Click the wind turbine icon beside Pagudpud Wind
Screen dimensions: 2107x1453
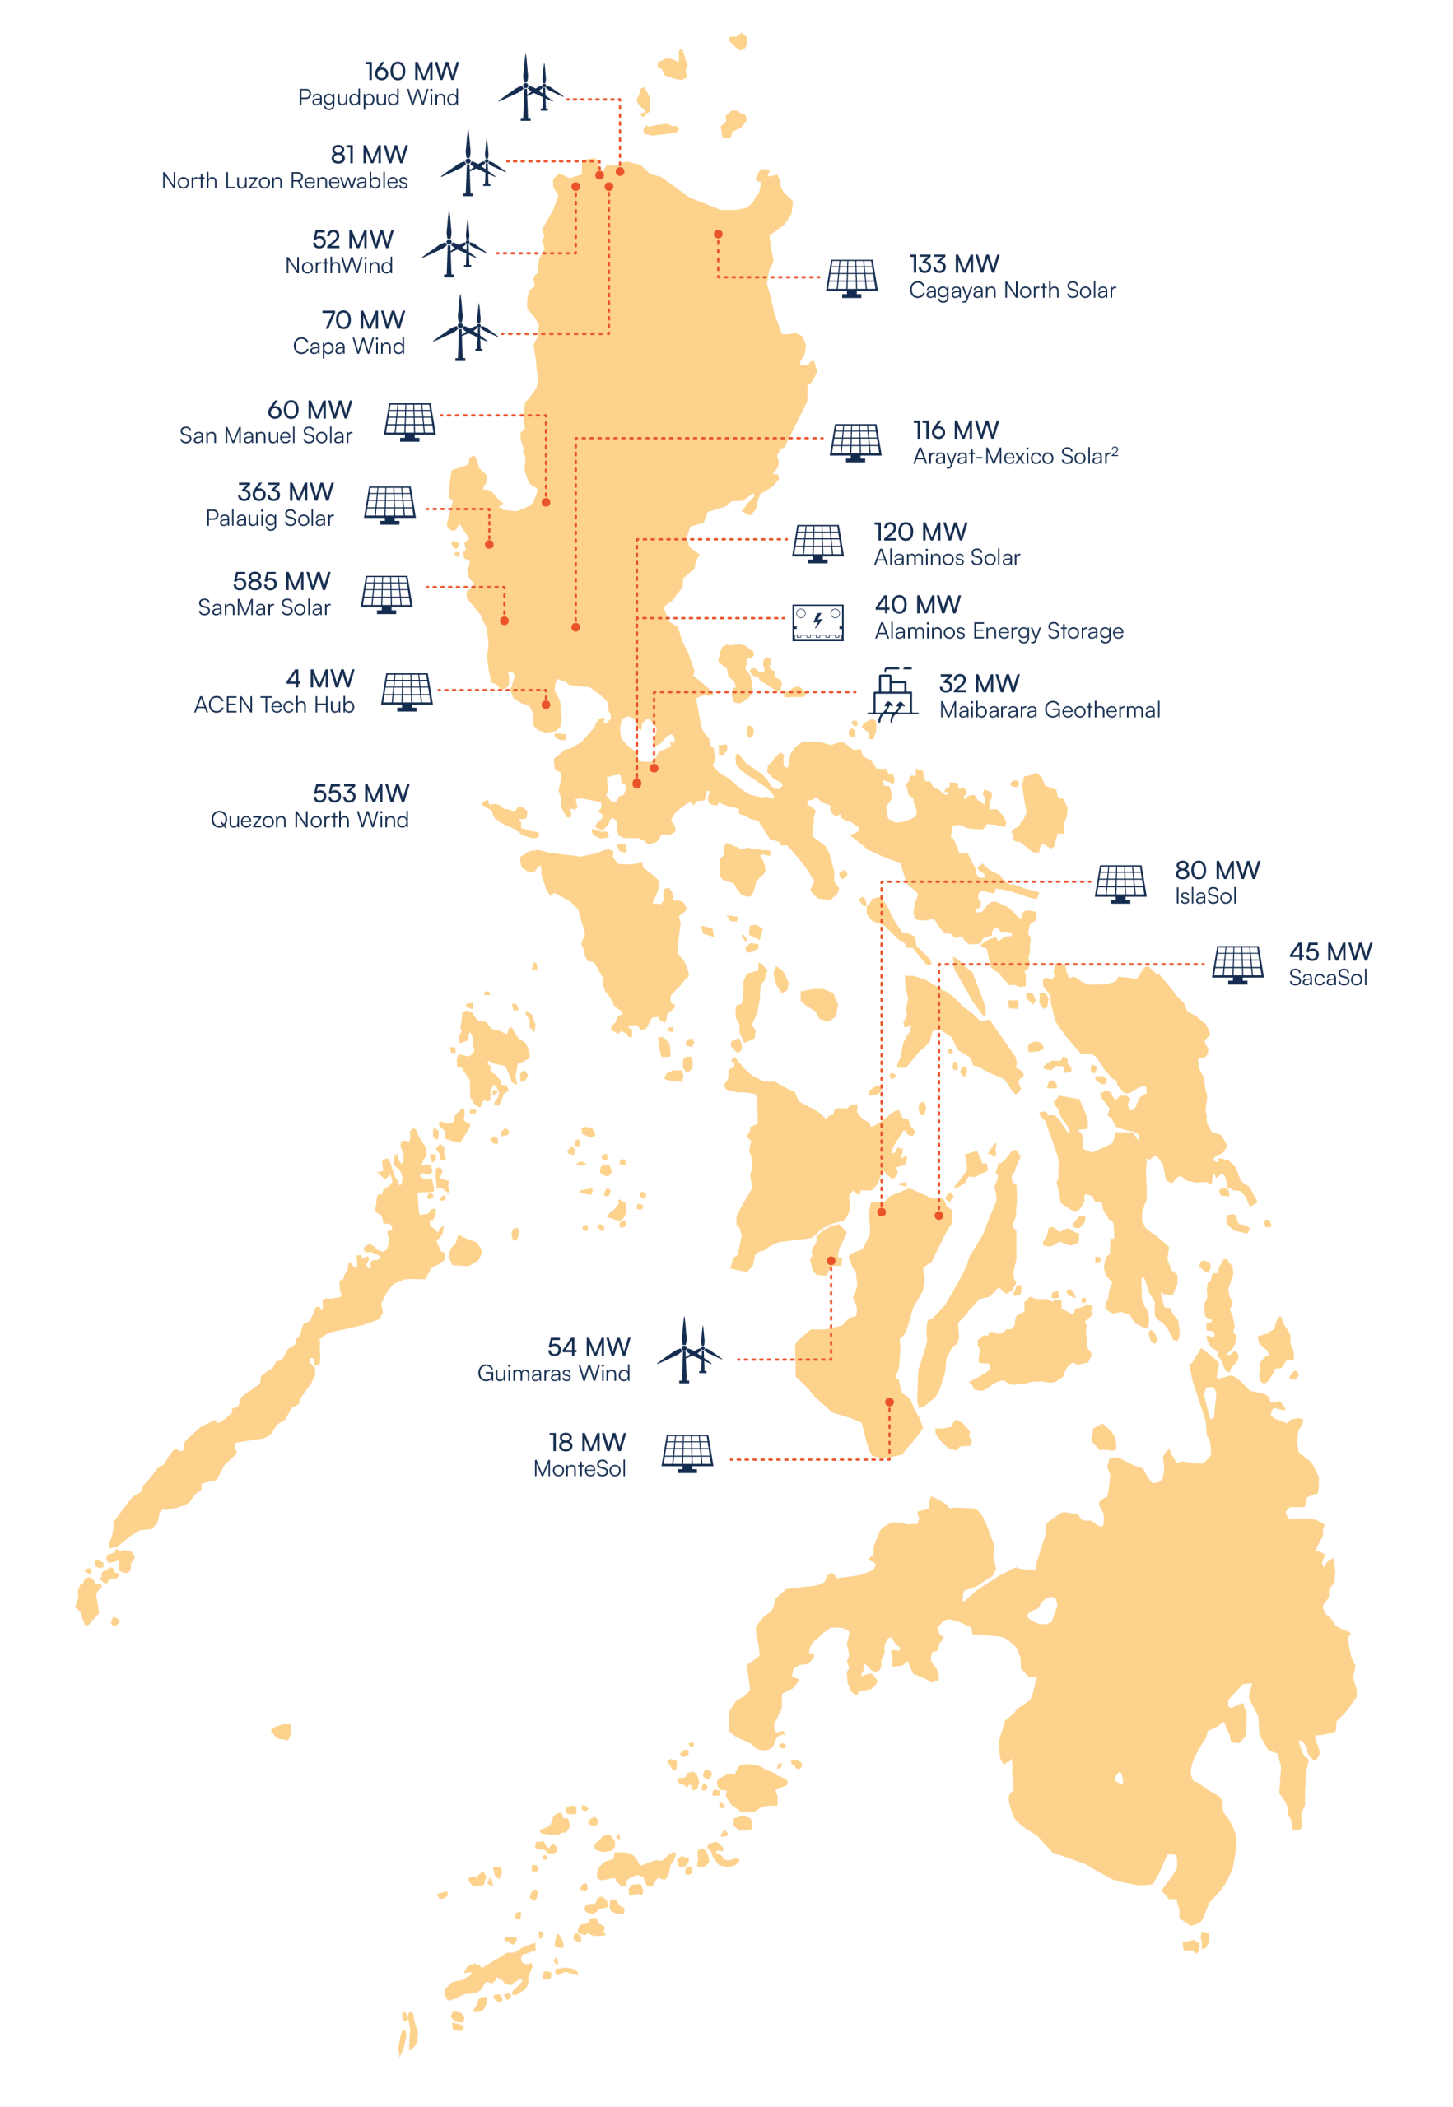[x=530, y=88]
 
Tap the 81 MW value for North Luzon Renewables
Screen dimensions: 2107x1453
[x=369, y=155]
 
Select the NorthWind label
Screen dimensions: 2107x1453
[x=338, y=266]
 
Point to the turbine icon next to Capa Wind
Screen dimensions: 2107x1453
[x=464, y=328]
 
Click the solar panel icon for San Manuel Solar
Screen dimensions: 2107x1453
[x=410, y=421]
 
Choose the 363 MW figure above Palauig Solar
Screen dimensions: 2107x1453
[x=285, y=492]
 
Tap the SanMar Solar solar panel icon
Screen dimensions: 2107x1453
[x=386, y=594]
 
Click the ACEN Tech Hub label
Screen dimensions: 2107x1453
[x=274, y=705]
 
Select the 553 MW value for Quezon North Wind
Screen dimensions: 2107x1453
[x=361, y=793]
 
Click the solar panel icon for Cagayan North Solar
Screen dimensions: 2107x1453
[x=852, y=278]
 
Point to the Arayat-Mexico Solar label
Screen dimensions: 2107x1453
[x=1014, y=457]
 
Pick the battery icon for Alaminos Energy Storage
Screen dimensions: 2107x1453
[x=817, y=623]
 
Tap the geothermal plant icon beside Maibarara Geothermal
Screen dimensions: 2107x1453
[x=893, y=695]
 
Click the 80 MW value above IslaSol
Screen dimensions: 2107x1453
[x=1218, y=870]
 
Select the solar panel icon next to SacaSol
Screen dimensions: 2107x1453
[x=1237, y=965]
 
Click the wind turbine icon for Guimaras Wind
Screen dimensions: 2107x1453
[x=689, y=1351]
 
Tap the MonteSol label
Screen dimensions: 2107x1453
[x=580, y=1469]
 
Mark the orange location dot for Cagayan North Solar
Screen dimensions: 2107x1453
[x=719, y=235]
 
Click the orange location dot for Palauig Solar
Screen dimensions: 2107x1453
[x=489, y=544]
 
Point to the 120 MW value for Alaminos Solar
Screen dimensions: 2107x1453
[x=920, y=532]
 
